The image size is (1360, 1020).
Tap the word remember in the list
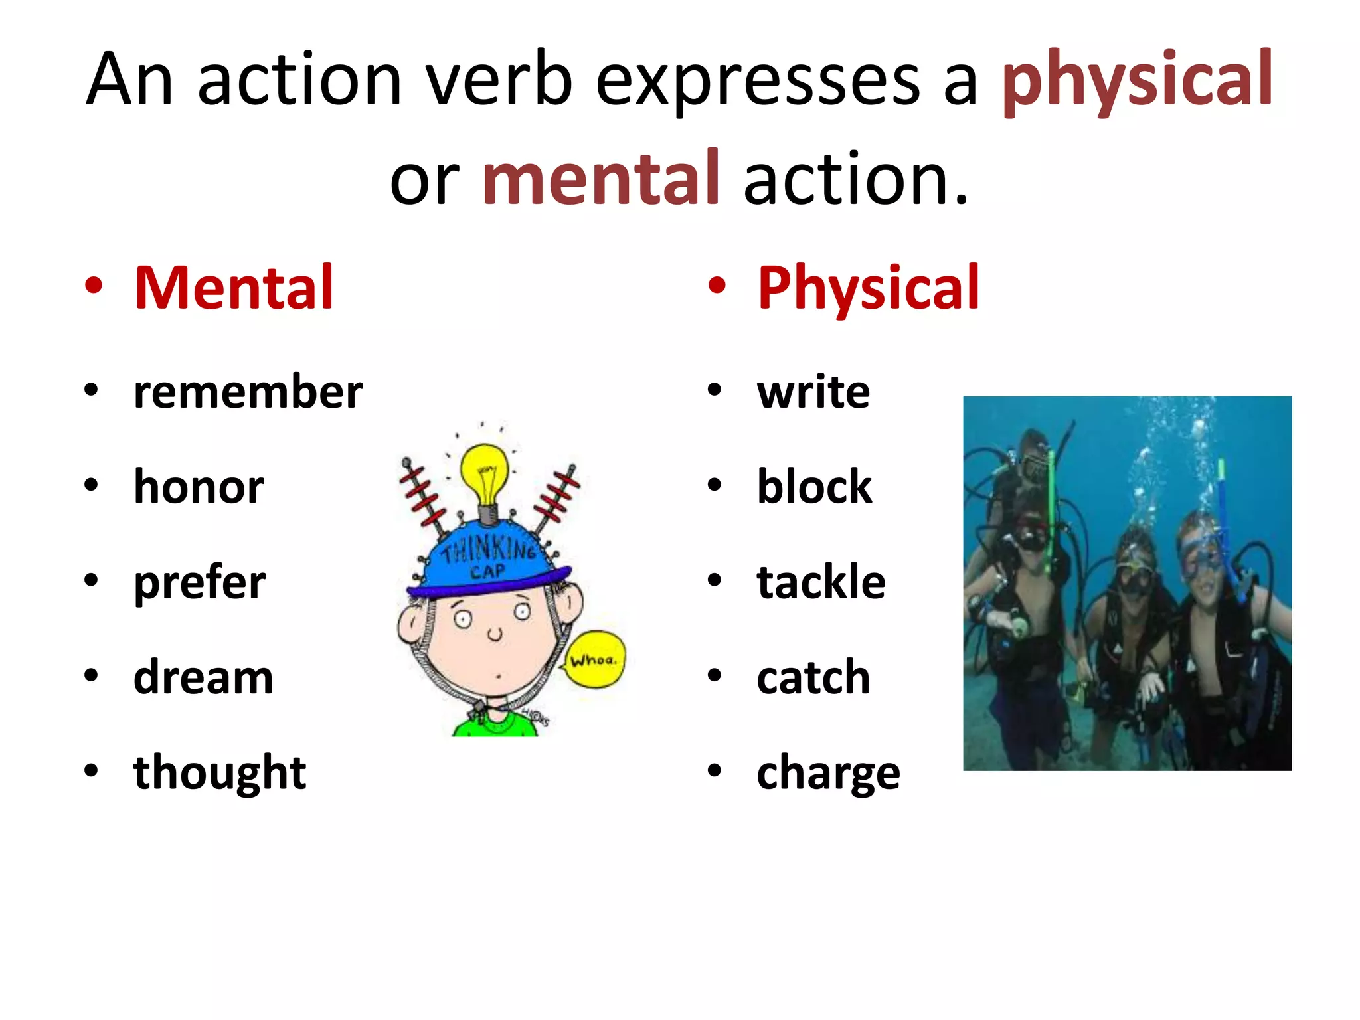[x=248, y=392]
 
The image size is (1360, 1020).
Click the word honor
[x=199, y=487]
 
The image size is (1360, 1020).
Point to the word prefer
[x=199, y=582]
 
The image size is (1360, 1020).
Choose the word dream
[x=203, y=677]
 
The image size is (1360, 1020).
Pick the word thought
[x=220, y=772]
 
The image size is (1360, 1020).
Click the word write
[x=813, y=392]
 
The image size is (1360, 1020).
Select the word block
[x=814, y=487]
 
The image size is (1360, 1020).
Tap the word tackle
[x=821, y=582]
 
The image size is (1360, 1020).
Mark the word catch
[x=813, y=677]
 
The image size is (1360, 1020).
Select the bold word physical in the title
[x=1137, y=80]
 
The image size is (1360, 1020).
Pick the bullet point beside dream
[x=92, y=676]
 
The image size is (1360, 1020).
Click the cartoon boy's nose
[x=495, y=634]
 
